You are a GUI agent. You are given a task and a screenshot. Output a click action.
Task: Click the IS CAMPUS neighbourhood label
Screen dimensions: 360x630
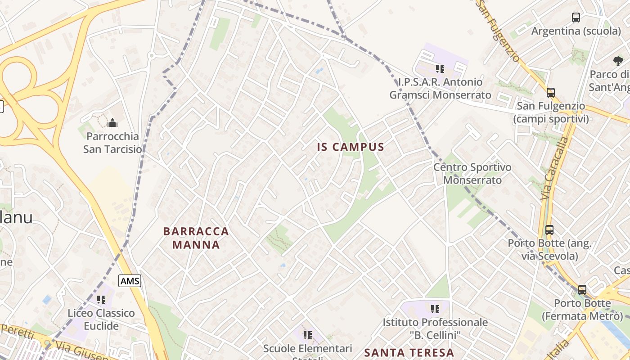click(351, 147)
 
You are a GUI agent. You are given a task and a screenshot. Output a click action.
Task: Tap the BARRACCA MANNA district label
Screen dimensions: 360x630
click(196, 238)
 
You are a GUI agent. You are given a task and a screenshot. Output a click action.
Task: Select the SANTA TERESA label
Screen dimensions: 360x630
click(409, 352)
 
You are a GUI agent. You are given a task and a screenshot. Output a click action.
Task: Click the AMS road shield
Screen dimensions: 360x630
click(130, 281)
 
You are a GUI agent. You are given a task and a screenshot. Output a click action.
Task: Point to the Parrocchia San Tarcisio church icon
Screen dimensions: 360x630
click(112, 122)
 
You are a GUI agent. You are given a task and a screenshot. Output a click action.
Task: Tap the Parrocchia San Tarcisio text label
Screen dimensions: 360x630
click(112, 142)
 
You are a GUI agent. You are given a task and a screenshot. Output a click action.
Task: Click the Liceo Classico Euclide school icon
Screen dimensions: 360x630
click(101, 299)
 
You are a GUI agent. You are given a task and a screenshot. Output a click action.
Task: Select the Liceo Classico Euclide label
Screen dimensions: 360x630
click(101, 319)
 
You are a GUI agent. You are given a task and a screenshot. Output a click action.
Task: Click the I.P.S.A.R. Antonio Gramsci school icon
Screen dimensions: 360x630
click(440, 69)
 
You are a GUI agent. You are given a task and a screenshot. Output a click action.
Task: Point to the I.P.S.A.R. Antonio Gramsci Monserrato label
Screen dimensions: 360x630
click(440, 89)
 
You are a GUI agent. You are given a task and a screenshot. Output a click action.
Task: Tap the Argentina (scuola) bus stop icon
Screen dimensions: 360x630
click(576, 18)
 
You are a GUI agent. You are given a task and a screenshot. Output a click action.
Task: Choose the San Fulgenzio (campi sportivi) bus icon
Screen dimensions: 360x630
click(551, 93)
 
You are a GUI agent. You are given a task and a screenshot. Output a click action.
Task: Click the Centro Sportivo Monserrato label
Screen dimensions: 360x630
click(472, 174)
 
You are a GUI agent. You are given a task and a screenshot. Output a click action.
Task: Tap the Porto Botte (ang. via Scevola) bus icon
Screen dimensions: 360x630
click(549, 230)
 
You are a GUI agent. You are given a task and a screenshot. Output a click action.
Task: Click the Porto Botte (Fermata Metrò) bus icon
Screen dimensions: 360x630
click(582, 290)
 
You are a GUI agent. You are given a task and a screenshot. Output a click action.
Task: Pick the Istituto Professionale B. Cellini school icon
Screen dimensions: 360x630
click(435, 309)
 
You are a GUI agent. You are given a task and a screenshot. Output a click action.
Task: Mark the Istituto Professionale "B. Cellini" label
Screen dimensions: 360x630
click(435, 328)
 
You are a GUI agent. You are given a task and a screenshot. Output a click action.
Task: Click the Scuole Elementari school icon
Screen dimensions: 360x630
click(308, 335)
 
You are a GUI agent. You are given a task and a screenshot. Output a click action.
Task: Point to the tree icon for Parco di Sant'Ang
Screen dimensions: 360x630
click(618, 61)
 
